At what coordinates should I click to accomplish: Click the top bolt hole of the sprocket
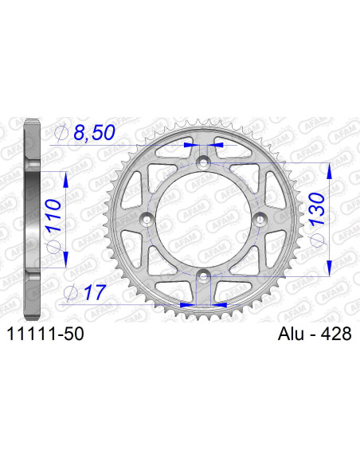204,162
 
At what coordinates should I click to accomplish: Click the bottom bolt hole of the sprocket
204,276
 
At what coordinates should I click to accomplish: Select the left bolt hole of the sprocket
147,219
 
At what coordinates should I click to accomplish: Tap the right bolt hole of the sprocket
261,219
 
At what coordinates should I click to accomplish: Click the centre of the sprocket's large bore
204,219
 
